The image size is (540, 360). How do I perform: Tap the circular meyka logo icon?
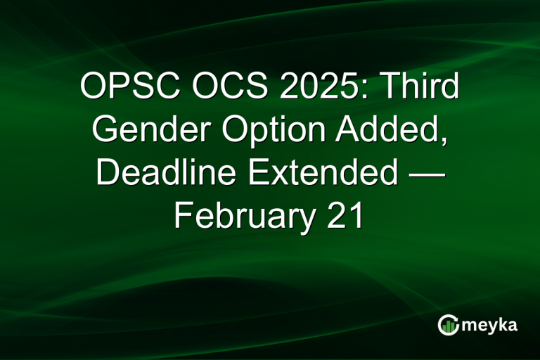[448, 324]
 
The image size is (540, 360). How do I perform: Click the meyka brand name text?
[490, 324]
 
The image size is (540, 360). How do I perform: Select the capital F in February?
[182, 215]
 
